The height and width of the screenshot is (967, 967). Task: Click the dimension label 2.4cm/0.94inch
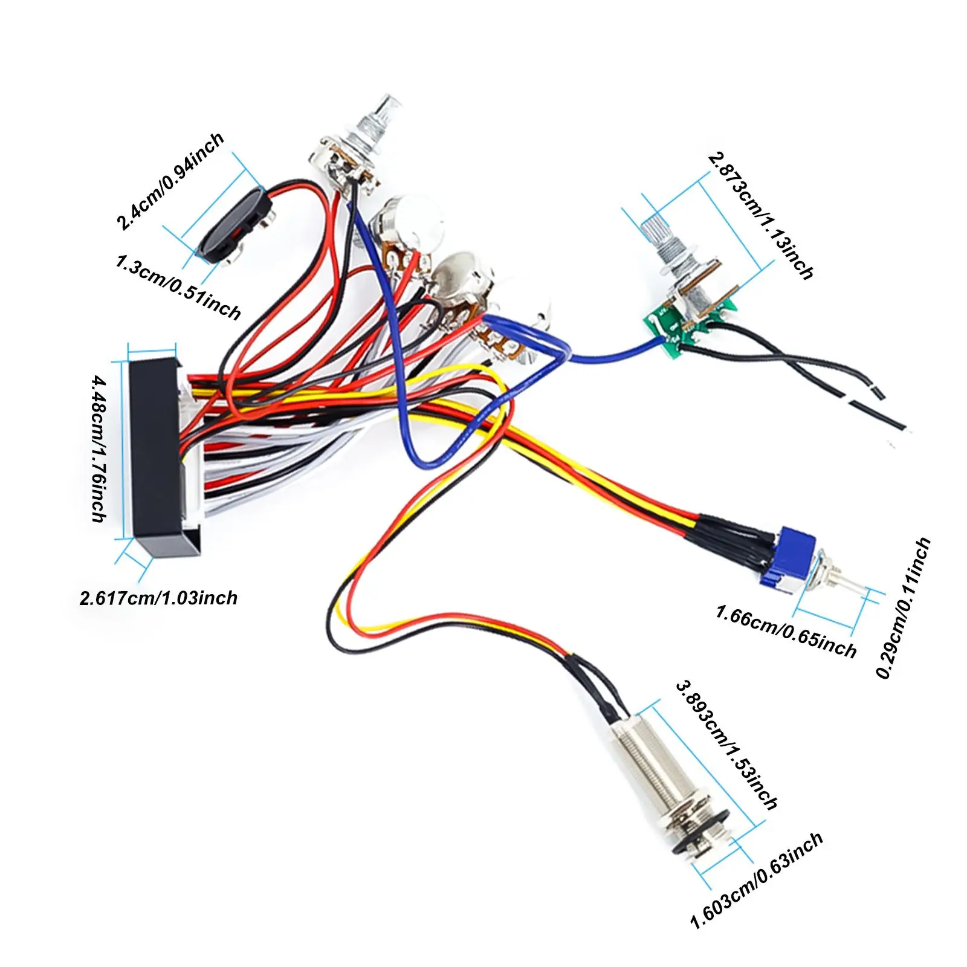(x=170, y=181)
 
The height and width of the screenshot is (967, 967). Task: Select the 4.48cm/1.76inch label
(x=99, y=448)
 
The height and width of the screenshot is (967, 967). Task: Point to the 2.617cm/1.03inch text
(x=158, y=598)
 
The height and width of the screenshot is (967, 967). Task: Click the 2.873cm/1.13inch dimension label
(x=761, y=216)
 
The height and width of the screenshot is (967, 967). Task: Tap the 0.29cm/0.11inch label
(x=904, y=608)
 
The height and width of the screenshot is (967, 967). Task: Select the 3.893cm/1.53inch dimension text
(x=726, y=745)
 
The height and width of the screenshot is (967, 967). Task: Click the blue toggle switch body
(x=788, y=558)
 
